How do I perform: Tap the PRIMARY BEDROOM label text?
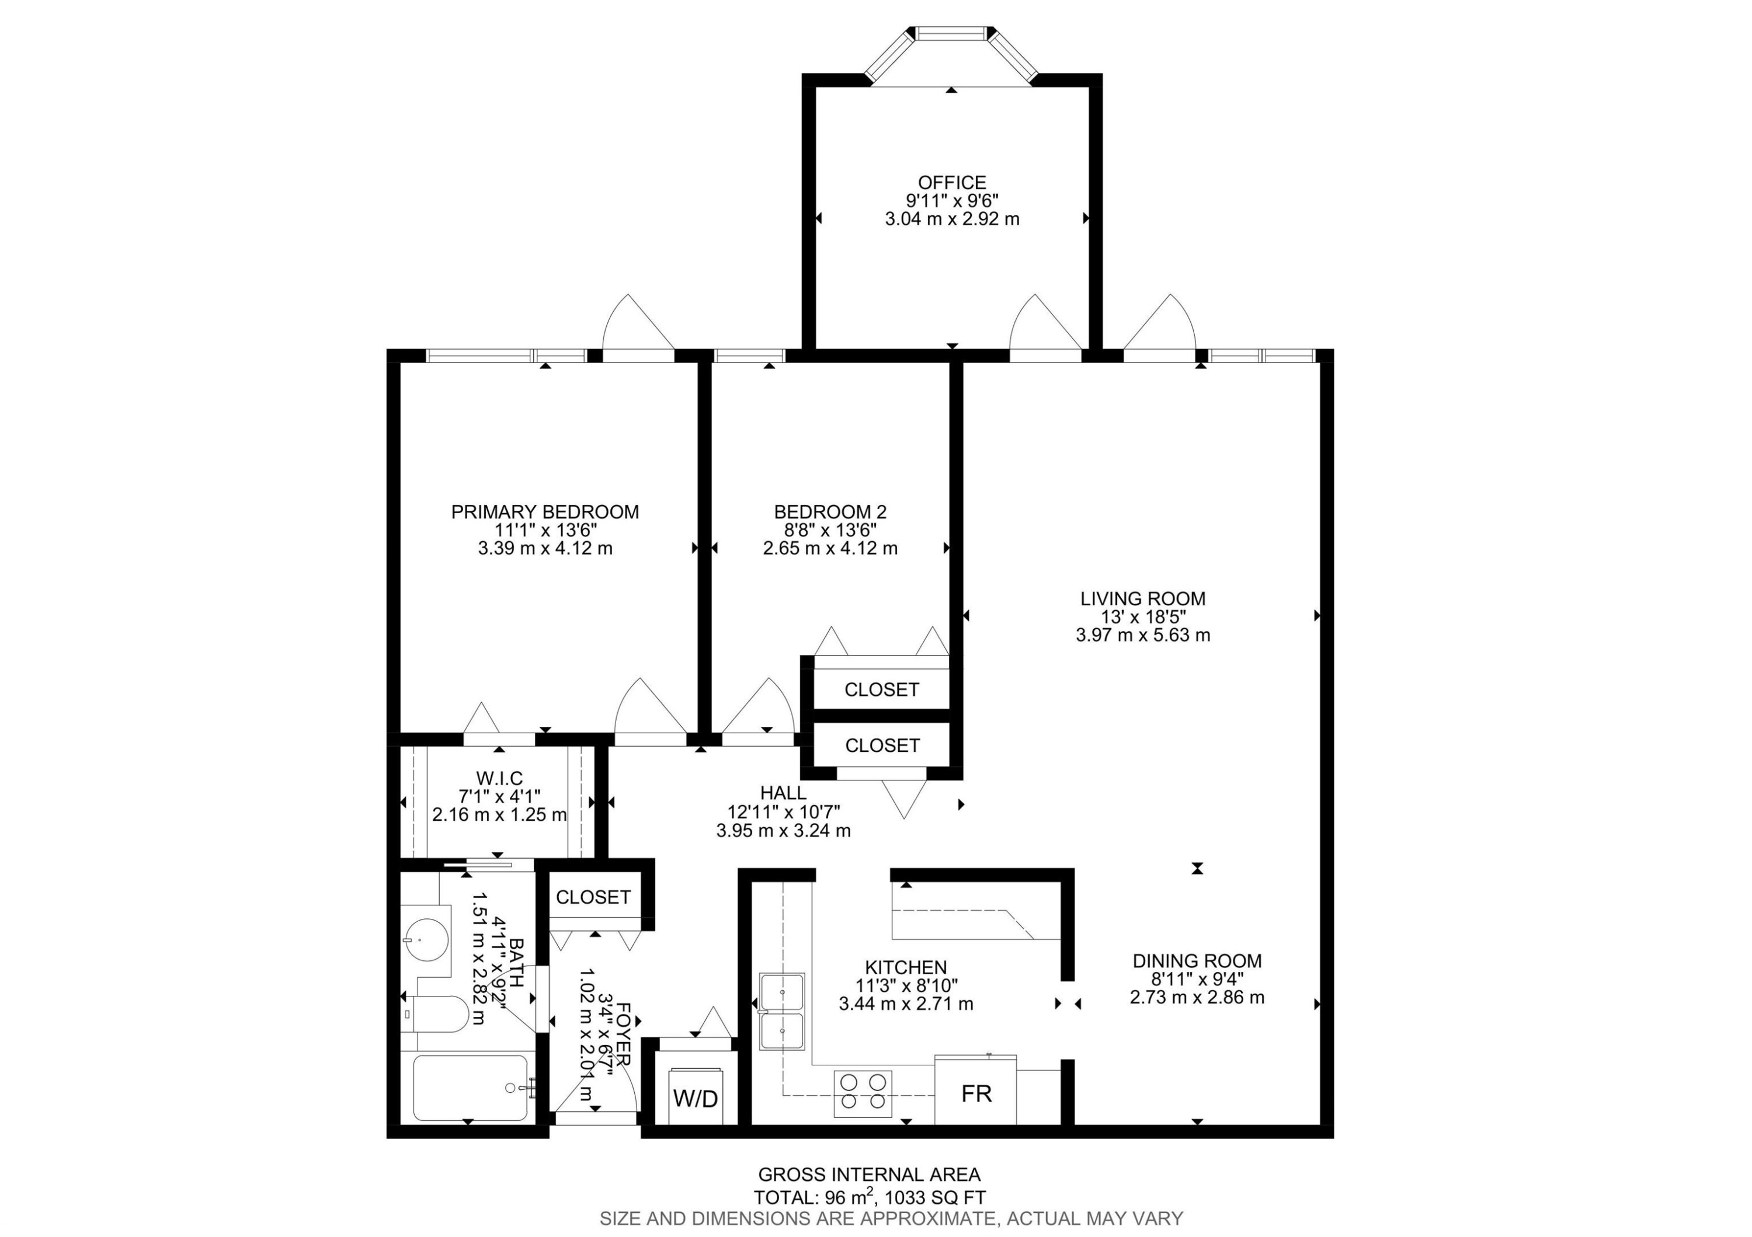pyautogui.click(x=545, y=512)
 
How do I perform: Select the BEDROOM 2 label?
pyautogui.click(x=830, y=512)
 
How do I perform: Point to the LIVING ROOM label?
pyautogui.click(x=1142, y=599)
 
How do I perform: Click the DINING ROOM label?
pyautogui.click(x=1197, y=961)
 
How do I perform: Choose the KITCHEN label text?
pyautogui.click(x=906, y=967)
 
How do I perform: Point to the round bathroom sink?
pyautogui.click(x=426, y=940)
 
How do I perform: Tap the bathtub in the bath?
pyautogui.click(x=470, y=1088)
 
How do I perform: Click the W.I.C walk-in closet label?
pyautogui.click(x=499, y=778)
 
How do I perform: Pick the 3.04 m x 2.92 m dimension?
pyautogui.click(x=951, y=219)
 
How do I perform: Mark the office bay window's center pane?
pyautogui.click(x=951, y=33)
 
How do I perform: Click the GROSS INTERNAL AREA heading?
pyautogui.click(x=869, y=1175)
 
